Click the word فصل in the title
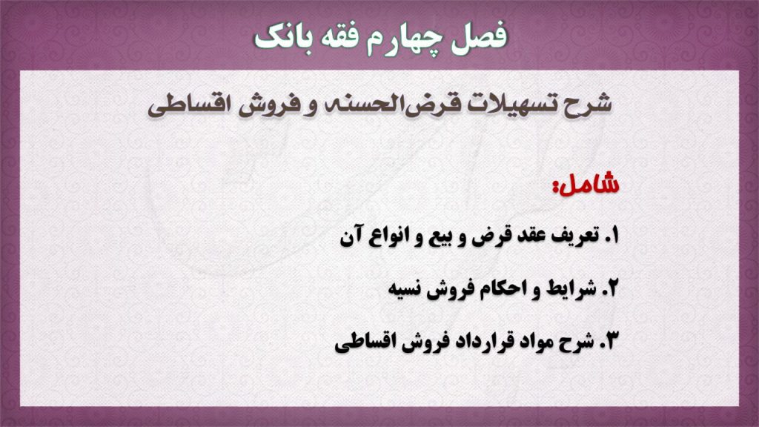pyautogui.click(x=479, y=37)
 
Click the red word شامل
pyautogui.click(x=586, y=184)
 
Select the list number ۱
pyautogui.click(x=612, y=236)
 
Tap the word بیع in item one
pyautogui.click(x=445, y=237)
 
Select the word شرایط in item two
pyautogui.click(x=571, y=288)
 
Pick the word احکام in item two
pyautogui.click(x=503, y=288)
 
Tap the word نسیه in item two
pyautogui.click(x=408, y=290)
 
